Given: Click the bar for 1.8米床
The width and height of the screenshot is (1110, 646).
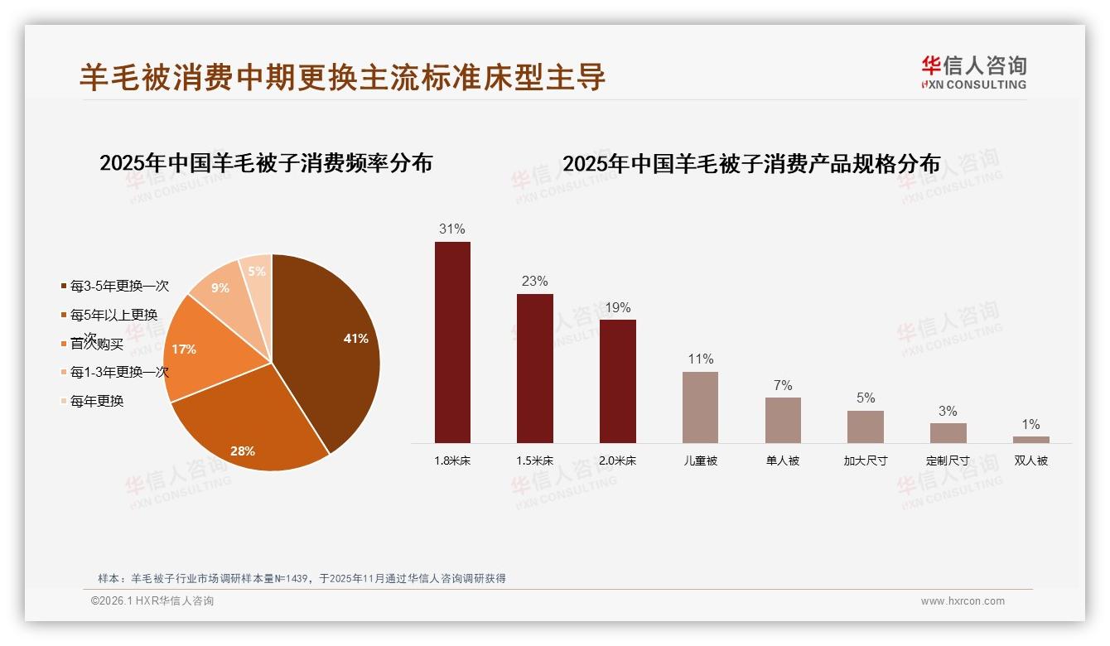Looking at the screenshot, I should pyautogui.click(x=452, y=342).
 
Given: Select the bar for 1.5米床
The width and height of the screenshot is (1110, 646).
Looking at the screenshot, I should pyautogui.click(x=534, y=369).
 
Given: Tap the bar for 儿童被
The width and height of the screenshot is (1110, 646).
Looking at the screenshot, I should pyautogui.click(x=700, y=407).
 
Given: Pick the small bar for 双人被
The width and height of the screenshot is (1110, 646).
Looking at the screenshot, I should pyautogui.click(x=1030, y=440).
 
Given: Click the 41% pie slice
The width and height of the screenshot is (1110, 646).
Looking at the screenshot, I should pyautogui.click(x=331, y=340).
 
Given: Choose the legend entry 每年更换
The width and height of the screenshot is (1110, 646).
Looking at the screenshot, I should pyautogui.click(x=96, y=401).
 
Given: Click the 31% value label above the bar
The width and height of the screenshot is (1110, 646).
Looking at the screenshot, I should pyautogui.click(x=451, y=229).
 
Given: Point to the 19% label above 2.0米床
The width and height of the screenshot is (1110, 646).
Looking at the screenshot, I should pyautogui.click(x=617, y=306).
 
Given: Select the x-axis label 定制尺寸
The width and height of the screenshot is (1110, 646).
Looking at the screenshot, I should pyautogui.click(x=948, y=460).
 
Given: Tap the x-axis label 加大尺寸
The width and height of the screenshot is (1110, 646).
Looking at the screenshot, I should pyautogui.click(x=865, y=460).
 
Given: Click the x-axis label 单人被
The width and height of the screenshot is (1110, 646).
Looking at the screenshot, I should pyautogui.click(x=783, y=460).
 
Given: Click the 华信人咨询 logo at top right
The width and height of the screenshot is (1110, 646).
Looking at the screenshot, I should pyautogui.click(x=973, y=72).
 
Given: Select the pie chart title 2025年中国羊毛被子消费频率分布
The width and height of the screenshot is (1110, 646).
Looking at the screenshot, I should pyautogui.click(x=266, y=163).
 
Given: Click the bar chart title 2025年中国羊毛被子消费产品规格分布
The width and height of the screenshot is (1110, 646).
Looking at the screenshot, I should pyautogui.click(x=751, y=164).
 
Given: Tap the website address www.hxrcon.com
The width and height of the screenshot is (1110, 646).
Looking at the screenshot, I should pyautogui.click(x=963, y=601).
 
